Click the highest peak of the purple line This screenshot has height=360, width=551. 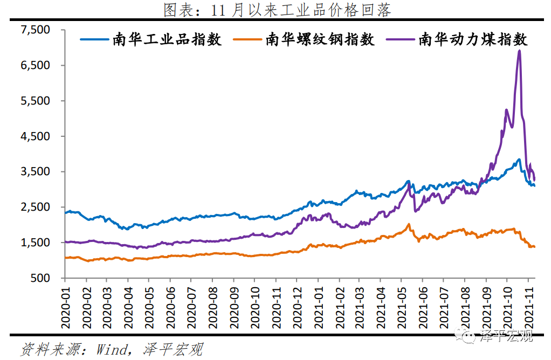(x=519, y=51)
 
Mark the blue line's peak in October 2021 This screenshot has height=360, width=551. (x=519, y=160)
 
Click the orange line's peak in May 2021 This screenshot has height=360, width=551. (x=409, y=224)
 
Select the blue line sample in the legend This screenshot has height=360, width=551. (x=95, y=39)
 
